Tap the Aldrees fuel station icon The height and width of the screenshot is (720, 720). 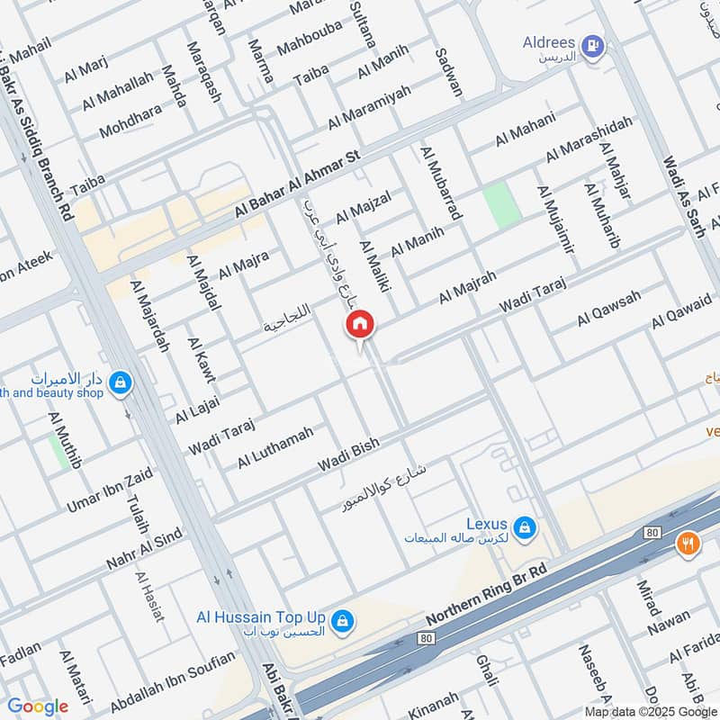pos(591,45)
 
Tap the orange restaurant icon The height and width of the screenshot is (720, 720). pos(688,544)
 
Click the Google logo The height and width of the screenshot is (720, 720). pos(38,706)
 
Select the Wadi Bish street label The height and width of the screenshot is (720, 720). pos(348,455)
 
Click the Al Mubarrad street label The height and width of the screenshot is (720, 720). pos(441,184)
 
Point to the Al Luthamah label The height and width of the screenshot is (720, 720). pos(275,447)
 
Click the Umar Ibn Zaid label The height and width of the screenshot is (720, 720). pos(109,491)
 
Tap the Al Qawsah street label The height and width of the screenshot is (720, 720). pos(609,309)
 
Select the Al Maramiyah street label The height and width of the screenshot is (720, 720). pos(369,106)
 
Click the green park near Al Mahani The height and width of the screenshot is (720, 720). pos(502,205)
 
